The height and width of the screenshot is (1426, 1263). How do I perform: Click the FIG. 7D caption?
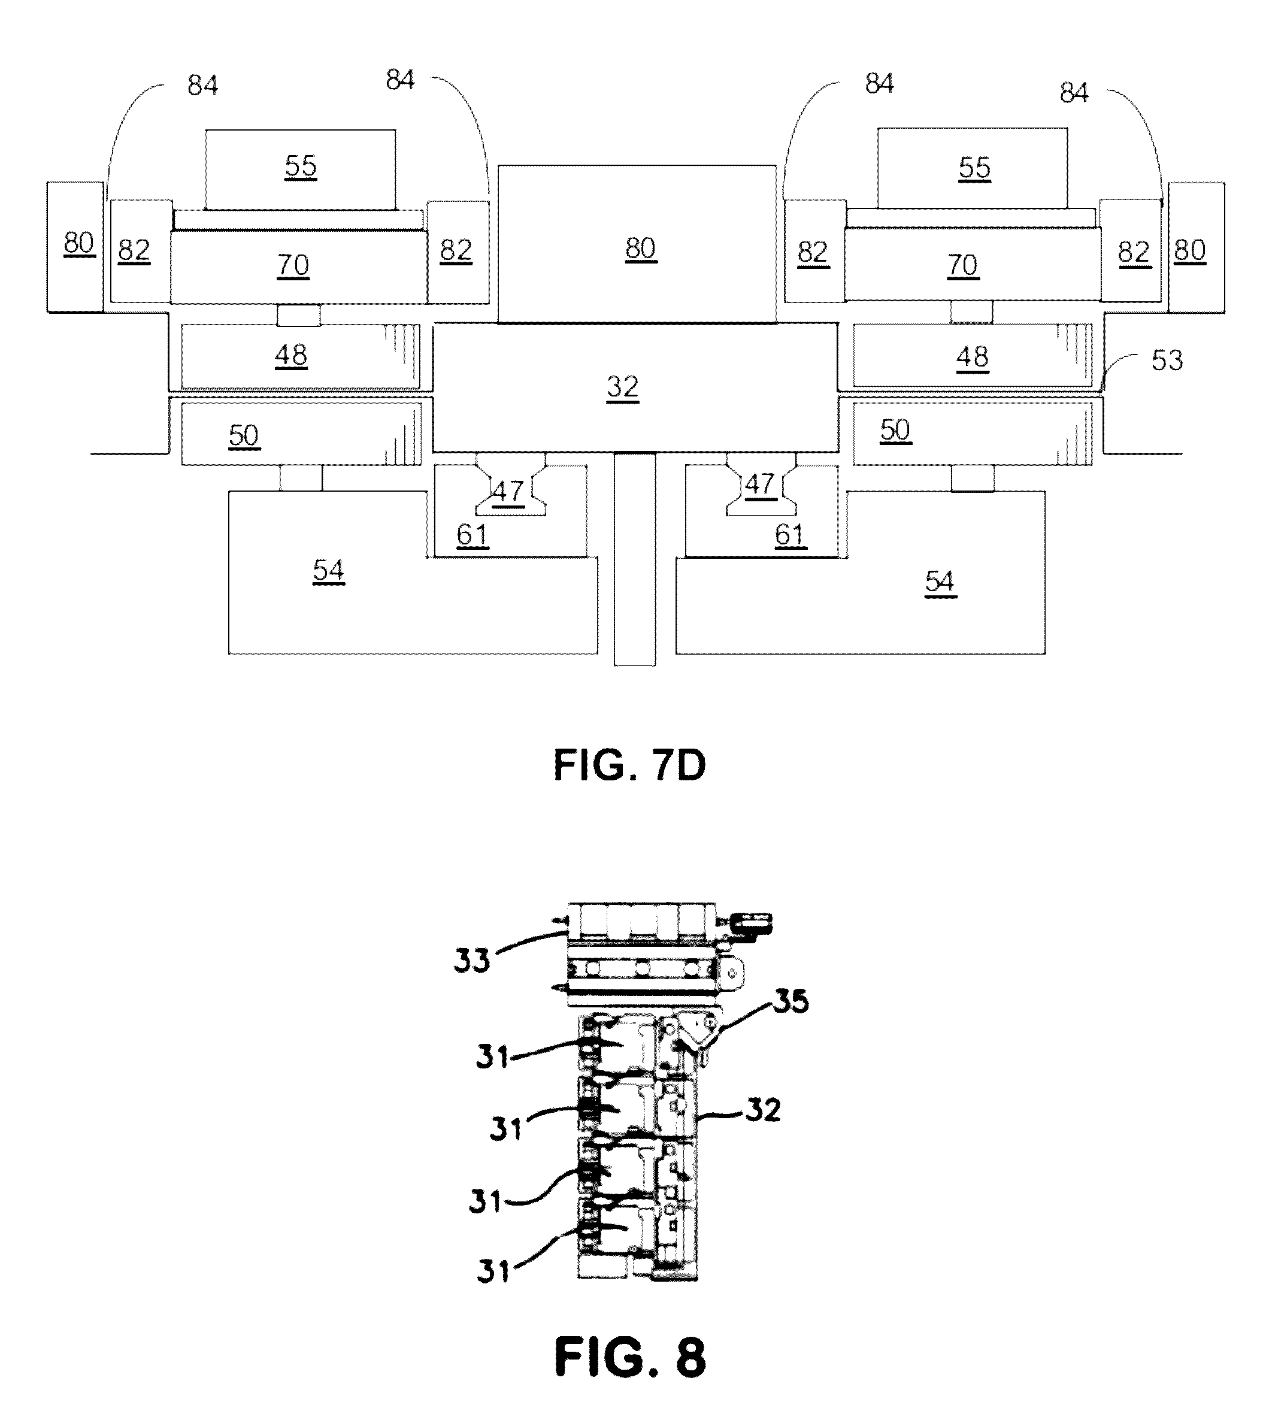(629, 765)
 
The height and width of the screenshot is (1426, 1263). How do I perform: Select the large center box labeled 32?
(635, 387)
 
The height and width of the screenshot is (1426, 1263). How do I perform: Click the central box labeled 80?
(637, 244)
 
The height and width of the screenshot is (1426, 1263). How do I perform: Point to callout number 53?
(1167, 361)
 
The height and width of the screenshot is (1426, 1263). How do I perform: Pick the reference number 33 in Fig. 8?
(472, 961)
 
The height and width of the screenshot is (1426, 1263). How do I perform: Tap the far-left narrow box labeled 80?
(75, 247)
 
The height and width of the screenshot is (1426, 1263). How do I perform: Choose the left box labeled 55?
(301, 169)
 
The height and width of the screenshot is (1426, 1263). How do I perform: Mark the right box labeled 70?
(973, 264)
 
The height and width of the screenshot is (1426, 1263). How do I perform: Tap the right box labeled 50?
(973, 433)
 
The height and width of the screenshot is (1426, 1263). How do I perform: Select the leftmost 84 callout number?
(203, 85)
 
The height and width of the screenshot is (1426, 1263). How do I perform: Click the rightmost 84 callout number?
(1074, 93)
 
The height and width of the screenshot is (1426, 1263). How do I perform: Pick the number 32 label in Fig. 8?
(763, 1110)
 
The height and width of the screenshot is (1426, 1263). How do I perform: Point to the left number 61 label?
(472, 535)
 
